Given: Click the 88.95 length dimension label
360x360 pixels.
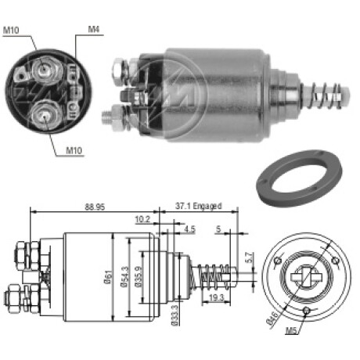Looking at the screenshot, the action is (95, 207).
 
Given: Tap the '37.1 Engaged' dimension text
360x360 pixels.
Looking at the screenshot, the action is (198, 206).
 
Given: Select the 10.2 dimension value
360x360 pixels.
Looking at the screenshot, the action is (142, 220).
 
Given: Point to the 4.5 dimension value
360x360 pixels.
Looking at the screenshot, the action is (189, 229).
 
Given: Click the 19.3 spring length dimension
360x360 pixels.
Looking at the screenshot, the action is (217, 297).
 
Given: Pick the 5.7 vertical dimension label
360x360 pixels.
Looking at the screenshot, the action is (250, 257).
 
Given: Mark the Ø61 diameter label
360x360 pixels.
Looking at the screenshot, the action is (109, 277).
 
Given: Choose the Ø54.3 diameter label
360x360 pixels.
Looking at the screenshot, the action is (124, 277).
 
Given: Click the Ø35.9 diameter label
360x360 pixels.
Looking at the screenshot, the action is (139, 277).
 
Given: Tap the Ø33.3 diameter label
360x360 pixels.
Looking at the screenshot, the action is (175, 315).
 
